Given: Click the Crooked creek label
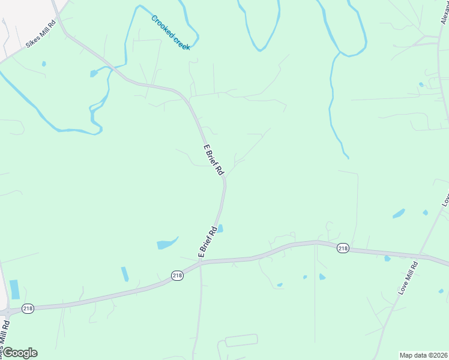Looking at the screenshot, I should click(x=171, y=33).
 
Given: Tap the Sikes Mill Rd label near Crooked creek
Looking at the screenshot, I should click(x=40, y=35).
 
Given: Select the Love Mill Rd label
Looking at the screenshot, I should click(x=408, y=278).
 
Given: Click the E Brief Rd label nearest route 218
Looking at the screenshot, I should click(x=207, y=242).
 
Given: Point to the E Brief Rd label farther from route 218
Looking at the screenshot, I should click(x=213, y=160).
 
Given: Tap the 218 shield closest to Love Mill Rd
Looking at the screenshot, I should click(x=343, y=248).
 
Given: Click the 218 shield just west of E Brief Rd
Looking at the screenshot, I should click(x=177, y=275).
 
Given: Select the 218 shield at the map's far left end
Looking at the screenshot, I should click(x=28, y=308).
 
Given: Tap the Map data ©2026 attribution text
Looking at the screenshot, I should click(x=423, y=355).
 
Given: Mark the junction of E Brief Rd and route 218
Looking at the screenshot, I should click(x=200, y=262).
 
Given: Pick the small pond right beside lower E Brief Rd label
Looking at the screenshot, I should click(x=220, y=228).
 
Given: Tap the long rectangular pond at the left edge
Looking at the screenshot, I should click(x=14, y=289).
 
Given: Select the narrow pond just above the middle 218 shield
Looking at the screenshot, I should click(x=125, y=274).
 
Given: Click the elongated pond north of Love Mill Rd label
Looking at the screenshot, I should click(x=399, y=213).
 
